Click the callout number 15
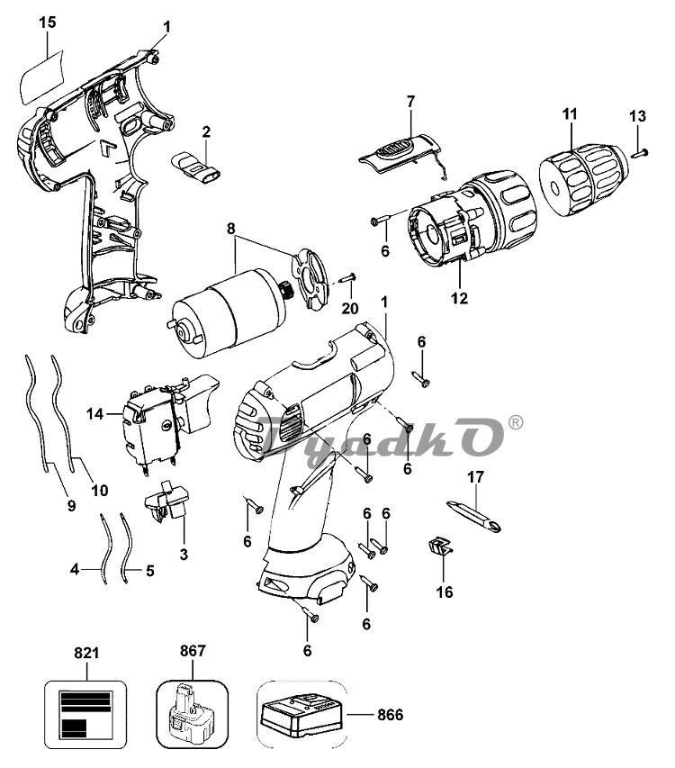tap(48, 23)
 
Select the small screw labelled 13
tap(640, 154)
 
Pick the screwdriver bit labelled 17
tap(474, 517)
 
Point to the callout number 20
tap(350, 309)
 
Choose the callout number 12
tap(459, 298)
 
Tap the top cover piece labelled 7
tap(401, 153)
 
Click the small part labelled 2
tap(194, 167)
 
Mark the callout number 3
tap(184, 555)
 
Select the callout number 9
tap(71, 506)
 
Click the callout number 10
tap(100, 491)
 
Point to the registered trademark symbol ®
tap(516, 422)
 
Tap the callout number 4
tap(75, 569)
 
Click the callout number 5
tap(149, 571)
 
